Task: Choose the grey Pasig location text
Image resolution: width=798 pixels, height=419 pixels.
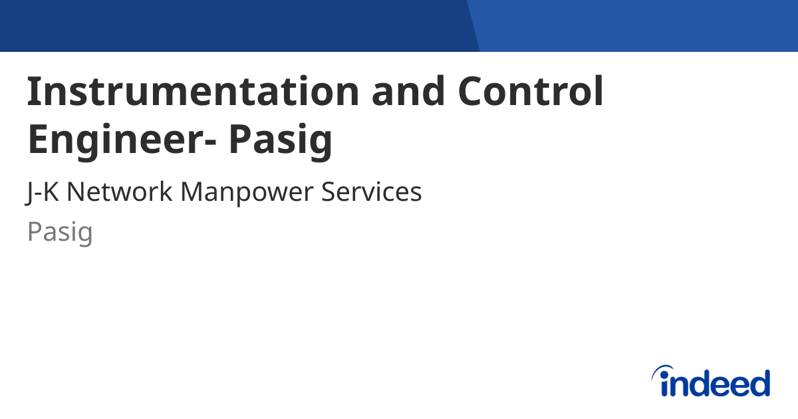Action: (60, 232)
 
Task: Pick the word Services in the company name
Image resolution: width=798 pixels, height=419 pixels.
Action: (372, 193)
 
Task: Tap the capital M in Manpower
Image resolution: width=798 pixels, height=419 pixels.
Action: (194, 193)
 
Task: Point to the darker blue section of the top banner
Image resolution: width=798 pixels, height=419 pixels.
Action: (233, 25)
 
